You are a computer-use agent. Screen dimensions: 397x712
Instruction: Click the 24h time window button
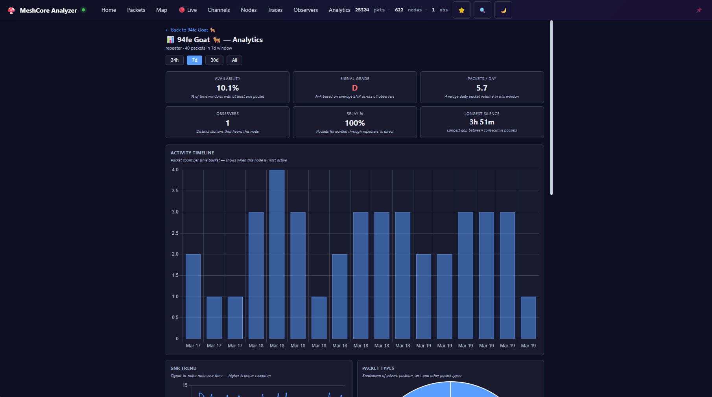coord(174,60)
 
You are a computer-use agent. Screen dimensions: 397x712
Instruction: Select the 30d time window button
coord(214,60)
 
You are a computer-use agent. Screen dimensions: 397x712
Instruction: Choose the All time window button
coord(234,60)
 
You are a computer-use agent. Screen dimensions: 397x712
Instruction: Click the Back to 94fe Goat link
coord(190,30)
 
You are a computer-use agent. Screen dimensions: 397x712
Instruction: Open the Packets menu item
coord(136,10)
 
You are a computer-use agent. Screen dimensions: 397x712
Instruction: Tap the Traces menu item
coord(275,10)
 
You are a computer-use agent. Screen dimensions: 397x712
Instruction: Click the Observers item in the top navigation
coord(306,10)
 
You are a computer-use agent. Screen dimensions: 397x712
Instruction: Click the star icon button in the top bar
coord(461,10)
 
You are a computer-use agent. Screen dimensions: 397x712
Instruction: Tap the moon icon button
coord(503,10)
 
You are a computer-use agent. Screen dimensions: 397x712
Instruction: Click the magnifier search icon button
coord(482,10)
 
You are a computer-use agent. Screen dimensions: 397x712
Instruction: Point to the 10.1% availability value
coord(227,88)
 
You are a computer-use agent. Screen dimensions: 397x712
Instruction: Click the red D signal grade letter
coord(355,88)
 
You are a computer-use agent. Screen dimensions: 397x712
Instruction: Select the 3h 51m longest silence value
coord(482,122)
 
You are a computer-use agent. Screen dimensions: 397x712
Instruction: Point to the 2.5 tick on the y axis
coord(175,233)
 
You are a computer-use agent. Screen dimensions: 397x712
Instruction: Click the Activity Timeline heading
coord(192,153)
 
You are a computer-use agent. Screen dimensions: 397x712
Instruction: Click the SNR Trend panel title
coord(183,368)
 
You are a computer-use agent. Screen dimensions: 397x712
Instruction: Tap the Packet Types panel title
coord(378,368)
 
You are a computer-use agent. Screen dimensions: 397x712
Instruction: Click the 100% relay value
coord(355,123)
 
